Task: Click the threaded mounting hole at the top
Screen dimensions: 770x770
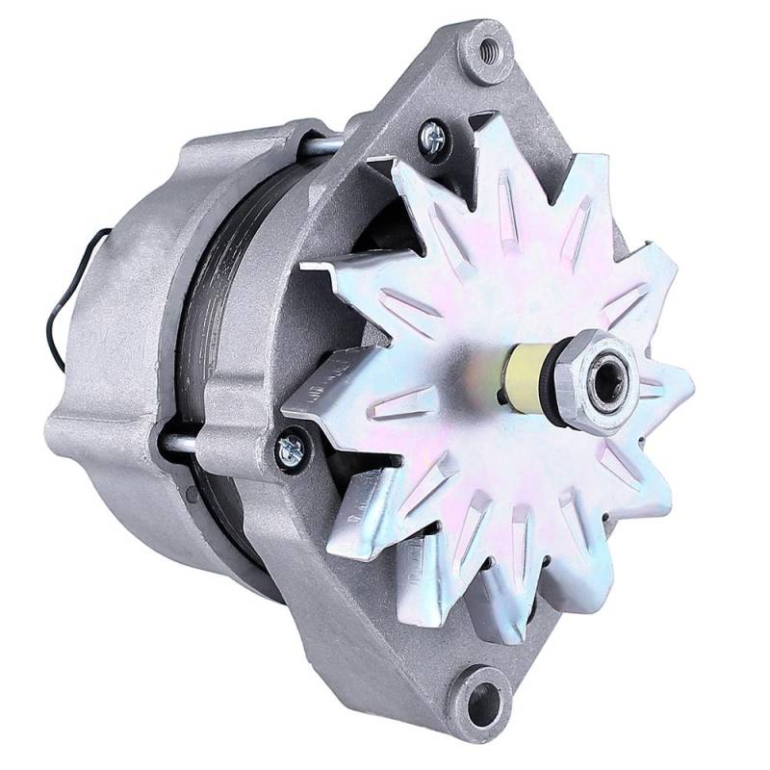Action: (488, 48)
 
